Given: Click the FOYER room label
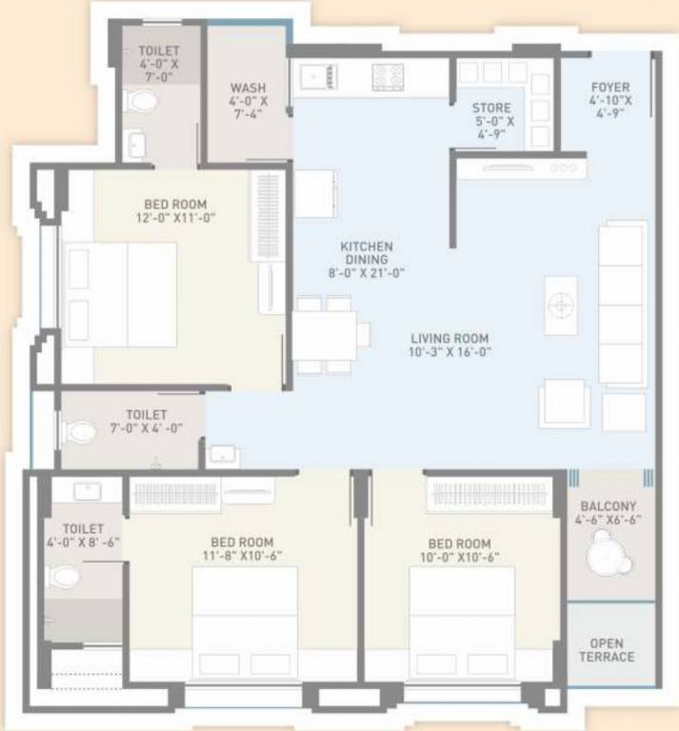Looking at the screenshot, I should [610, 88].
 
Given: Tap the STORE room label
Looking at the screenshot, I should [491, 109].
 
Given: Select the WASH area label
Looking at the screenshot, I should [248, 89].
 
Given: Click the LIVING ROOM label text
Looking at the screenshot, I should [449, 338].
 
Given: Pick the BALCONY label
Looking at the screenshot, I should [610, 505].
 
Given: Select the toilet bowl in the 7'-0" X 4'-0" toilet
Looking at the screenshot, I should [83, 432].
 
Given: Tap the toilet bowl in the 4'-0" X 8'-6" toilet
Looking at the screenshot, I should [65, 576].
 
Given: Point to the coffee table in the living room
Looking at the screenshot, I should [561, 306].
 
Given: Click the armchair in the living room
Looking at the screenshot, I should [564, 405].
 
